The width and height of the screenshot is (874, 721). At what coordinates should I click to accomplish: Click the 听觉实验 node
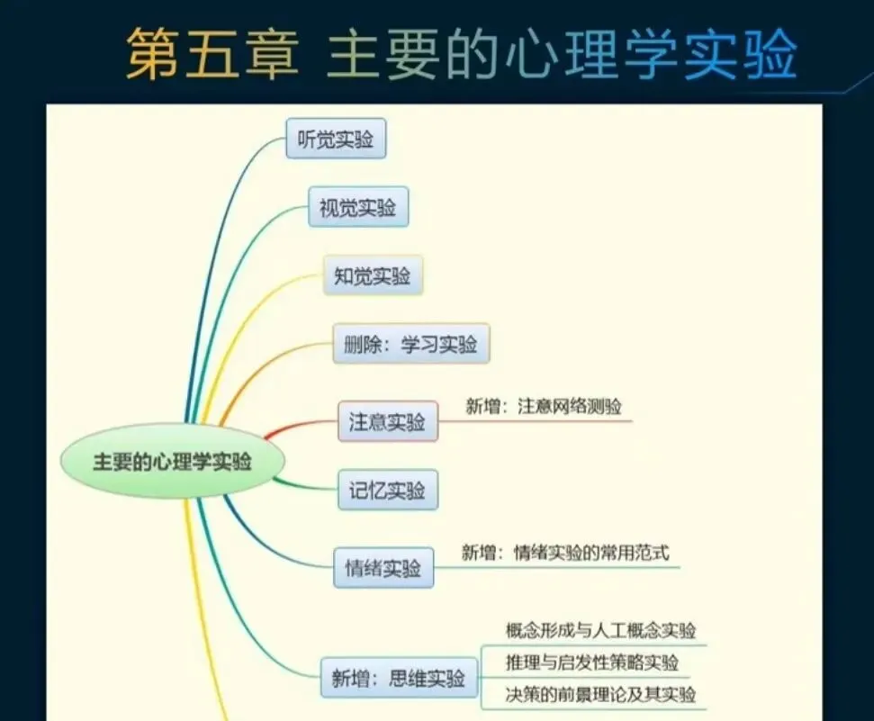tap(336, 140)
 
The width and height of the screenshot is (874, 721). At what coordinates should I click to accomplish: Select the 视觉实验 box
tap(357, 208)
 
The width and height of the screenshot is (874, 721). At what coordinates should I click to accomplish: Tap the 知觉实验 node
tap(373, 276)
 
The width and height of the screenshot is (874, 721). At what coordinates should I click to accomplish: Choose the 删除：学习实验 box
tap(410, 345)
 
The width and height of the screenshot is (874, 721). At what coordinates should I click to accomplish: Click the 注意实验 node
tap(387, 421)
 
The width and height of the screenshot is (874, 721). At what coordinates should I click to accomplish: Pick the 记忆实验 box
tap(387, 491)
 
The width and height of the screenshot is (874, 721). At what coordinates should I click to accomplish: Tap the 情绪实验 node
tap(383, 567)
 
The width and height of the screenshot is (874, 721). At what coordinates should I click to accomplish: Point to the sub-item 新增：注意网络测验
tap(543, 406)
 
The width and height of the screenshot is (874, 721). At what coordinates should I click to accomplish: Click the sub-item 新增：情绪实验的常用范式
tap(565, 553)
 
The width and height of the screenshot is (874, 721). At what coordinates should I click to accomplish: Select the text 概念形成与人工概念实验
tap(600, 630)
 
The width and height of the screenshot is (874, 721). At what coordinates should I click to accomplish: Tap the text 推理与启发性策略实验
tap(591, 662)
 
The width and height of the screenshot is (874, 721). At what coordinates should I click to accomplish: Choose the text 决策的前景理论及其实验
tap(600, 694)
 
